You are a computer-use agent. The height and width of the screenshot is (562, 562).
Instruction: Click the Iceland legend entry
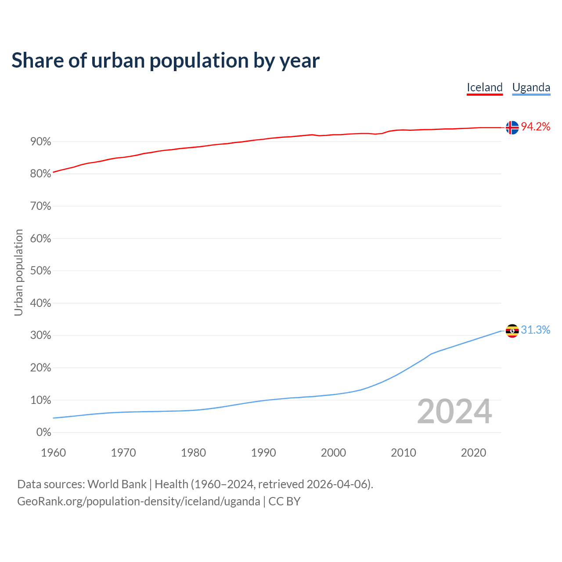coord(484,87)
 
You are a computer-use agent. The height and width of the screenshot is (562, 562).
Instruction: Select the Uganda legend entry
coord(531,87)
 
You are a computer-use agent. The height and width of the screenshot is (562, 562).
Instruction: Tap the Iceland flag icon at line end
coord(512,127)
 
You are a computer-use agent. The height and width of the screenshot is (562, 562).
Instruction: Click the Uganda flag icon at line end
coord(512,331)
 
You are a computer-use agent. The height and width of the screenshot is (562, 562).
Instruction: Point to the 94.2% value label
coord(535,127)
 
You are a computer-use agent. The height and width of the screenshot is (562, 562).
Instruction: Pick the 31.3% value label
coord(535,330)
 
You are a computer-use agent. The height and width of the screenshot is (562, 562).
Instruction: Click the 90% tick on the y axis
coord(40,142)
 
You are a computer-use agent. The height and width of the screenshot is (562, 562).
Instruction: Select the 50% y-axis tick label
coord(40,271)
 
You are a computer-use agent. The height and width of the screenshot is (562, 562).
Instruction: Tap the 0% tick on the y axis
coord(43,432)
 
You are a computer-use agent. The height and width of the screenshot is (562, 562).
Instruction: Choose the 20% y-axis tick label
coord(40,368)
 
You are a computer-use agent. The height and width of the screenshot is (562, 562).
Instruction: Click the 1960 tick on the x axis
coord(53,453)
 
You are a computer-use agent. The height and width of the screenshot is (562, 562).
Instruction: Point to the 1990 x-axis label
coord(263,453)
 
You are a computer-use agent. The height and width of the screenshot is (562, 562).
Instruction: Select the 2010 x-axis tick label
coord(403,453)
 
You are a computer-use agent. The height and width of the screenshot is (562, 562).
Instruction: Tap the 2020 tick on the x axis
coord(473,453)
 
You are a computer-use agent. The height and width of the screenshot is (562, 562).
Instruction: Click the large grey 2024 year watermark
coord(454,412)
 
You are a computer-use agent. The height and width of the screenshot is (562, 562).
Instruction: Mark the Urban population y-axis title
coord(18,272)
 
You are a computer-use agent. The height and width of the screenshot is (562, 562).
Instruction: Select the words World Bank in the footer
coord(117,484)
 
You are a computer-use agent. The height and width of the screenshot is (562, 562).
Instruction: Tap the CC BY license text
coord(284,501)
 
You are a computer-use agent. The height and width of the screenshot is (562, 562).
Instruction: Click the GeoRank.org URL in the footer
coord(138,501)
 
